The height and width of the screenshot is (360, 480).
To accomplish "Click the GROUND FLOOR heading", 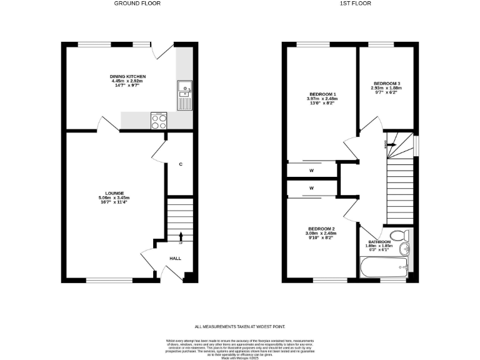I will [x=137, y=4].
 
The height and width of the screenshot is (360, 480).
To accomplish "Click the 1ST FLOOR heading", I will [x=355, y=4].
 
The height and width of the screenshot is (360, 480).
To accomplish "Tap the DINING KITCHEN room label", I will [x=127, y=76].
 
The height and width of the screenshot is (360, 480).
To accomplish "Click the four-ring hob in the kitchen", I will [x=159, y=121].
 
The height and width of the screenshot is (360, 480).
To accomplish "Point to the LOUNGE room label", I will [x=114, y=193].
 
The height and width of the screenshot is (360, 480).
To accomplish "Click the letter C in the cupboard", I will [x=181, y=164].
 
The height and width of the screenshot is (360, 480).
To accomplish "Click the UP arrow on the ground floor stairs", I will [x=181, y=236].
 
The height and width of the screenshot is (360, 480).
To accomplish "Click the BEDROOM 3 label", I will [x=387, y=83].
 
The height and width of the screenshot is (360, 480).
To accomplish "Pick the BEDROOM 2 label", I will [x=322, y=229].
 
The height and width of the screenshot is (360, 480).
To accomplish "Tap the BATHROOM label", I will [x=379, y=242].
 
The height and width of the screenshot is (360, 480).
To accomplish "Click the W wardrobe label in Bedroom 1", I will [x=311, y=170].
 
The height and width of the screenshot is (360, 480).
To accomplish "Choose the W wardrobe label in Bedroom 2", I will [x=311, y=187].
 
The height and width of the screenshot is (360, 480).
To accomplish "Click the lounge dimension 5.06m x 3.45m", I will [x=114, y=198].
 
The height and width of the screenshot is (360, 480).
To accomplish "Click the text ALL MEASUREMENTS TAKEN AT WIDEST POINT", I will [x=239, y=326].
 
